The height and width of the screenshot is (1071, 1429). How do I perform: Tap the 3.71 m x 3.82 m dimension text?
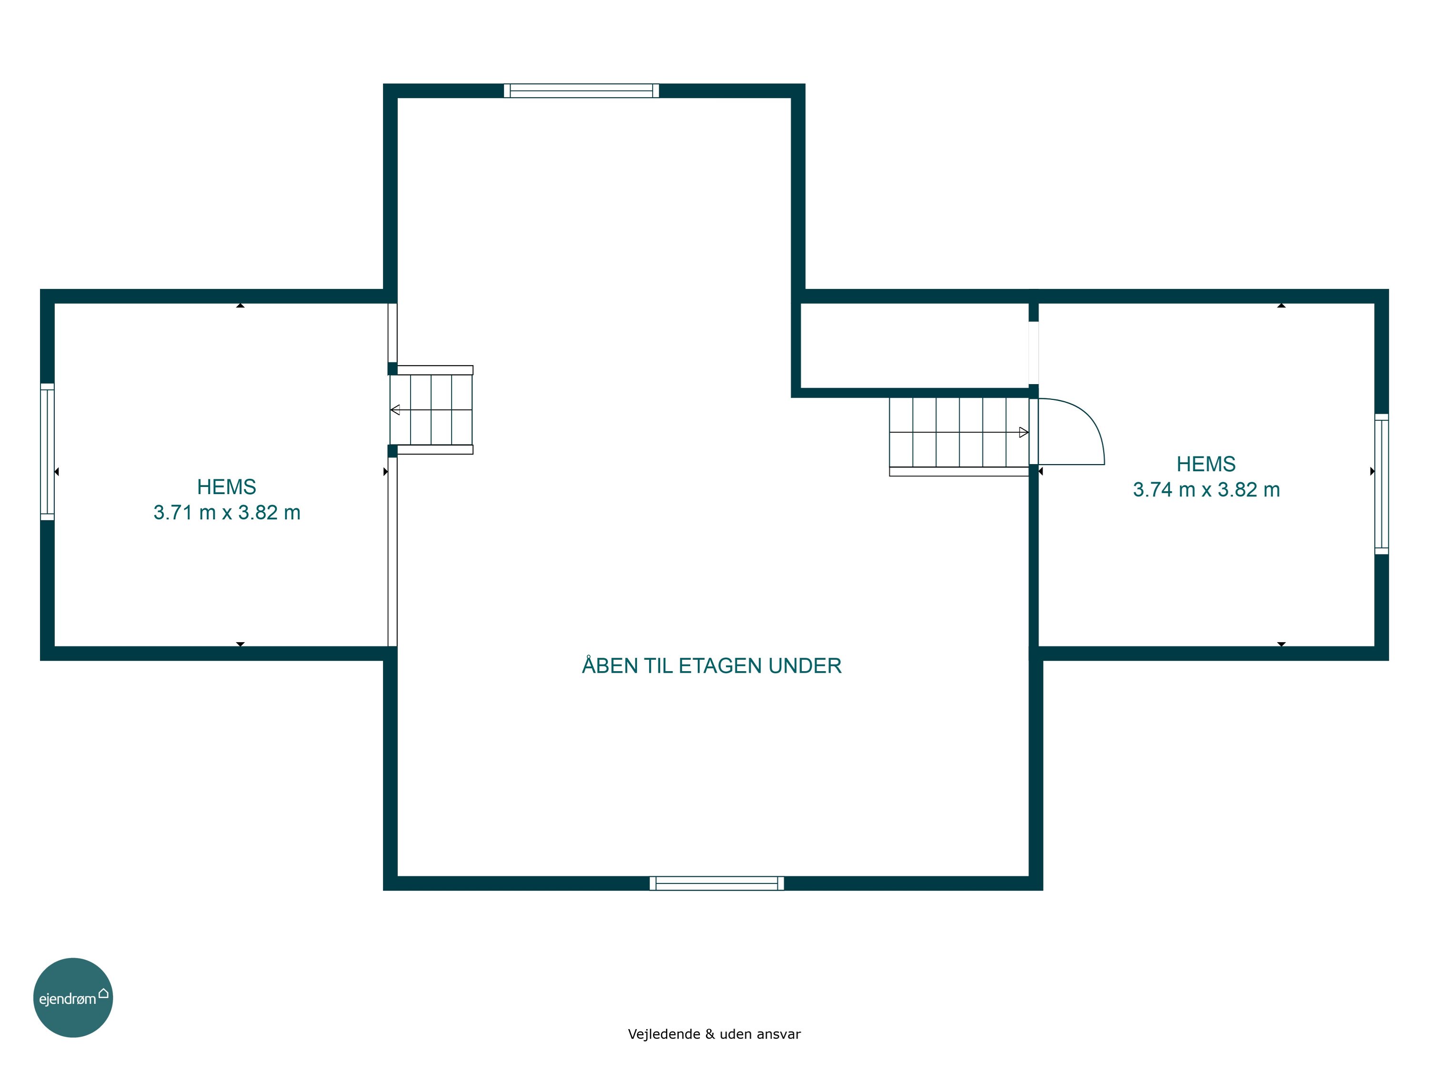227,513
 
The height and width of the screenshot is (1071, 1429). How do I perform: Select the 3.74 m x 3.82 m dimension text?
1206,490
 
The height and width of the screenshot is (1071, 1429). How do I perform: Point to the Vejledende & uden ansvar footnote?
714,1033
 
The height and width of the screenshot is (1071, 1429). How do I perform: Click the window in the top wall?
582,90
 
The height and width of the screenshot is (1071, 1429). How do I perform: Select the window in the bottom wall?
716,883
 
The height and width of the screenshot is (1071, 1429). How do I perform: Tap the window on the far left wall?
47,451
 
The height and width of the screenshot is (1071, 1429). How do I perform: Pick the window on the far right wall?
1381,484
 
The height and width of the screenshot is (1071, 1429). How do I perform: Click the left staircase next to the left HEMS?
431,410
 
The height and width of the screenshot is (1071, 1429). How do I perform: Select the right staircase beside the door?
959,436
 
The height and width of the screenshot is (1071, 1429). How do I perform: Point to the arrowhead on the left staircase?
395,410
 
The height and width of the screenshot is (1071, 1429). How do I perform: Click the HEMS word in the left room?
227,487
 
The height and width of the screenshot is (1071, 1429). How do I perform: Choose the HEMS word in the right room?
1206,464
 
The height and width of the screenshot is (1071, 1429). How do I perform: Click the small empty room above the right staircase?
915,346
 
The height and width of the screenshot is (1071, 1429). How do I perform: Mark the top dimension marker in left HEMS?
241,306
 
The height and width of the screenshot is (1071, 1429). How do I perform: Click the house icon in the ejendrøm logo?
103,993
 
